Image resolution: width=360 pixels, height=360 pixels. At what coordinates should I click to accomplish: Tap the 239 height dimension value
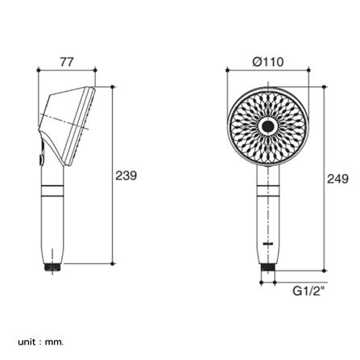coord(126,175)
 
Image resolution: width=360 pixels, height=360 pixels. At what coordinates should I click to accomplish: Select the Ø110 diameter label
coord(267,62)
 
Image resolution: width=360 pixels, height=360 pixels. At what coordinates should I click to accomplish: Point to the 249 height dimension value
coord(337,178)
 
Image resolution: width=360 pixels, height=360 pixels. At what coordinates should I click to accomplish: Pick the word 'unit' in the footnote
coord(27,341)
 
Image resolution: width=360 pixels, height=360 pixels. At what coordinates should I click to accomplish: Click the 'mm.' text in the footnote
coord(55,342)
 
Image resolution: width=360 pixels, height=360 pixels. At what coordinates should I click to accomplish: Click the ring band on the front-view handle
coord(268,191)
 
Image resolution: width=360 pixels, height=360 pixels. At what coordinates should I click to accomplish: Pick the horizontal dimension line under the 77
coord(66,71)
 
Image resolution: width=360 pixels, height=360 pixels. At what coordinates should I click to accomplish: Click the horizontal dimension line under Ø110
coord(267,72)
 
